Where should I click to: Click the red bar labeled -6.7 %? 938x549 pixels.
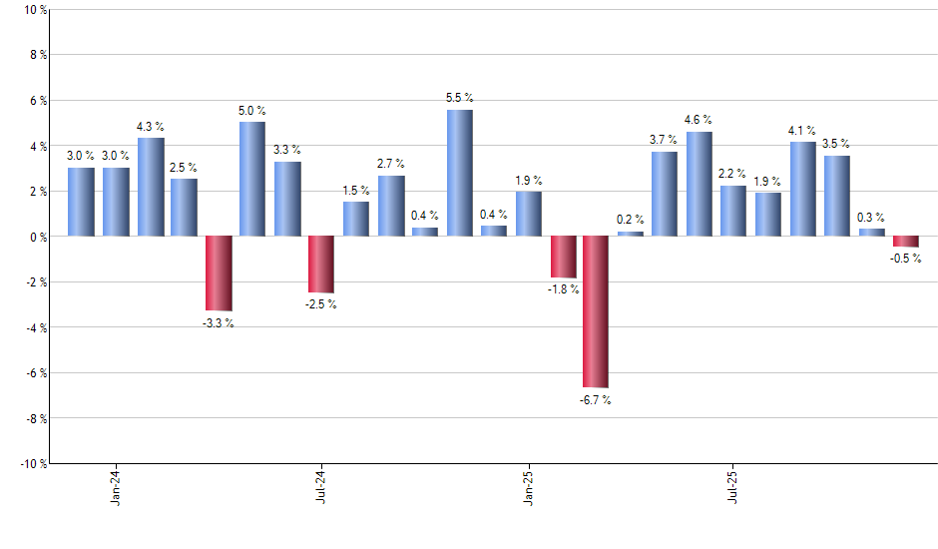(596, 311)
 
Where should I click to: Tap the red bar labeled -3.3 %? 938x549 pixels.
(219, 274)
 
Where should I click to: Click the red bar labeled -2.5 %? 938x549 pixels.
(321, 265)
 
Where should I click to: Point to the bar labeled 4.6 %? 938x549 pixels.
(699, 185)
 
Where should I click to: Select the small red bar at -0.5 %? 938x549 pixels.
(905, 242)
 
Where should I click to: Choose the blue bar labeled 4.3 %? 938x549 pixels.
(151, 188)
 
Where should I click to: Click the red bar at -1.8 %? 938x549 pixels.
(563, 257)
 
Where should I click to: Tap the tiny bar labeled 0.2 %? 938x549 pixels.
(631, 234)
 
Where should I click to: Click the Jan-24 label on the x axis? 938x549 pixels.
(116, 485)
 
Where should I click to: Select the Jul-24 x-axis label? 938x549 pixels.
(321, 485)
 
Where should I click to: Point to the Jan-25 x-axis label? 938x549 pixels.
(528, 485)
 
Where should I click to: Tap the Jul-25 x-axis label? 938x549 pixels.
(733, 485)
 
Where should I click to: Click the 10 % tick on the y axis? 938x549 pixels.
(34, 10)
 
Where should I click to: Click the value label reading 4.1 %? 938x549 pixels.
(802, 131)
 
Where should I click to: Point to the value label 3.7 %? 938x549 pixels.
(664, 140)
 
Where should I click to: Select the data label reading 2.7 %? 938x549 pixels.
(390, 163)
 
